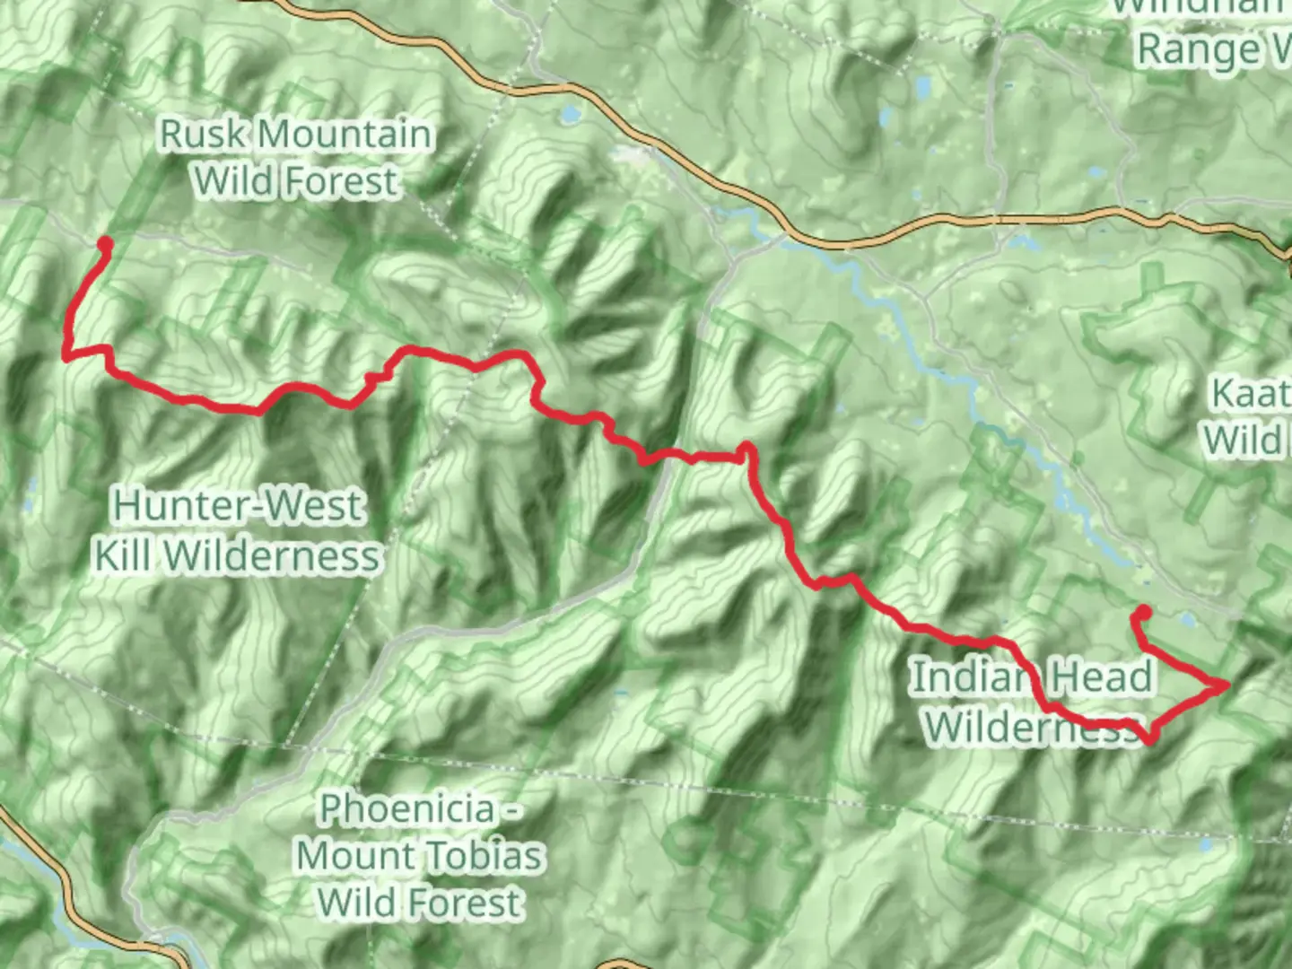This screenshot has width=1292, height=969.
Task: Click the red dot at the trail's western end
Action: point(104,243)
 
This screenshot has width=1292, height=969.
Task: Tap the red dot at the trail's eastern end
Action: point(1144,613)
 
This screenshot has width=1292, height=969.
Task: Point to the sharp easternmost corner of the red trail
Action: point(1226,685)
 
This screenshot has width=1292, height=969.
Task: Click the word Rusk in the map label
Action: point(202,135)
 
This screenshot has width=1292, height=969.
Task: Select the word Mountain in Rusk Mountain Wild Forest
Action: point(345,135)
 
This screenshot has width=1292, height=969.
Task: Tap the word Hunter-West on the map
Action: point(238,506)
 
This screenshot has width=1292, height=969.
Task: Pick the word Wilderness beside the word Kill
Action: point(273,555)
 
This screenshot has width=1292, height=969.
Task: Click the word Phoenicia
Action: point(408,808)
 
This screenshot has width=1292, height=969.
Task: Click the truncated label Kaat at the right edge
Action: point(1250,393)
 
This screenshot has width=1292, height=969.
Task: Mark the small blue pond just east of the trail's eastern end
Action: point(1187,620)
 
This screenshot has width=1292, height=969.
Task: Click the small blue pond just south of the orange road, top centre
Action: point(569,115)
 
